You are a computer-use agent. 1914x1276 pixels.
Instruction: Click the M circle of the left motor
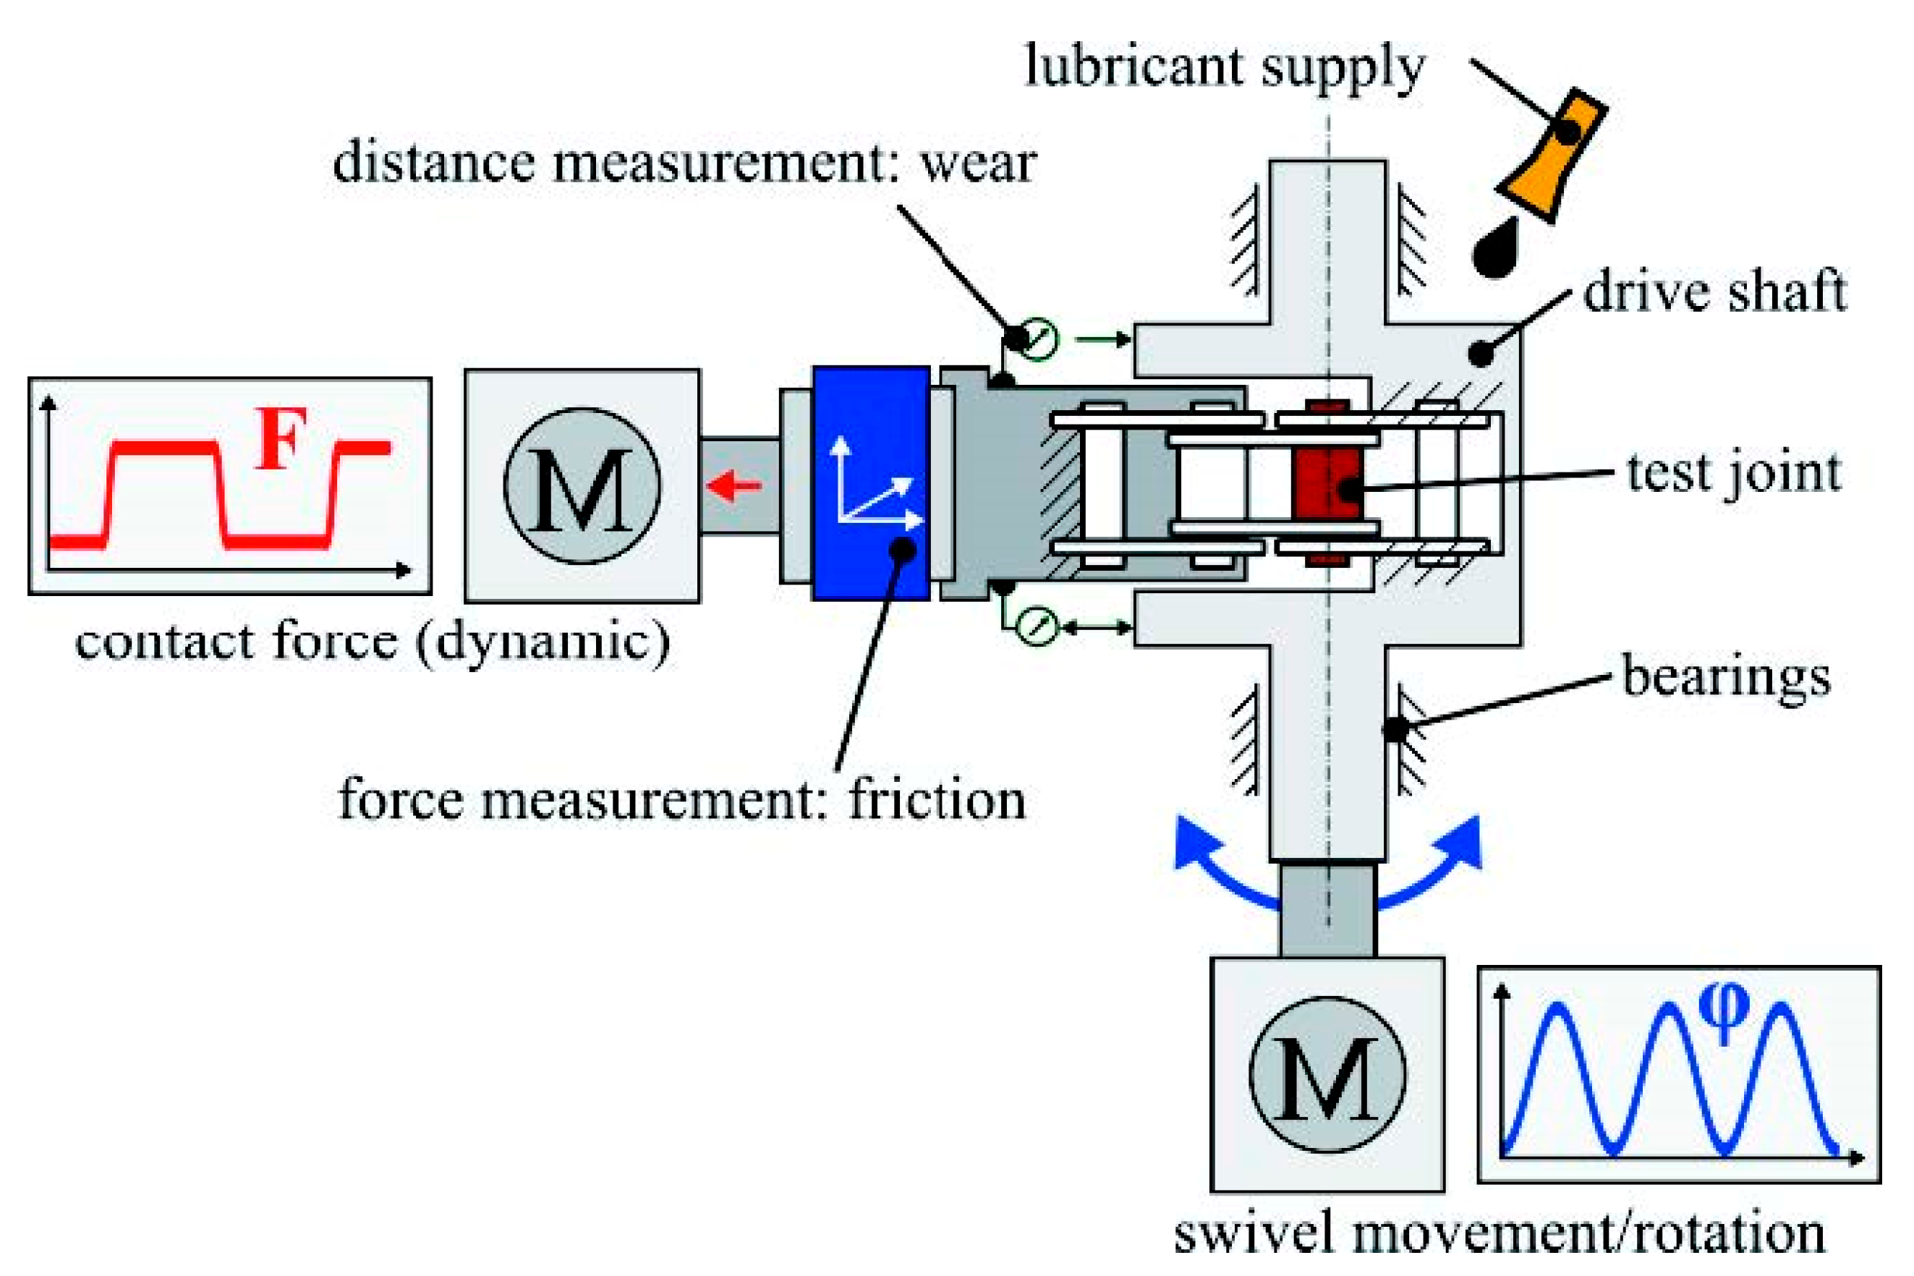(582, 486)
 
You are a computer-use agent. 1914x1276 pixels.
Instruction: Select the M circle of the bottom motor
(1327, 1074)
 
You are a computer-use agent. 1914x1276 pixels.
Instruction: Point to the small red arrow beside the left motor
(734, 486)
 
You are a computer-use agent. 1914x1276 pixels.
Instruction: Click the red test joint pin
(1327, 486)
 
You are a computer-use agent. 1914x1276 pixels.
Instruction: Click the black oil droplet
(1497, 248)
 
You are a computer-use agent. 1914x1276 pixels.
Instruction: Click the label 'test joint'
(1733, 474)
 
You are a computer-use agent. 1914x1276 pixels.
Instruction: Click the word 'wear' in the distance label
(977, 163)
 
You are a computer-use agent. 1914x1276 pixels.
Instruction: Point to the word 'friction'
(937, 800)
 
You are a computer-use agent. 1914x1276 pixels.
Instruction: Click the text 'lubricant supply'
(1225, 67)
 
